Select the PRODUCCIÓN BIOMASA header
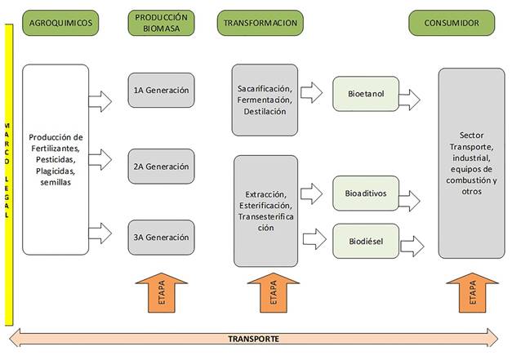pyautogui.click(x=161, y=23)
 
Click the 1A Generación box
pyautogui.click(x=161, y=91)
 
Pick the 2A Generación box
pyautogui.click(x=161, y=167)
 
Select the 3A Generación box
pyautogui.click(x=161, y=238)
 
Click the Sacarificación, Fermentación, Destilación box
pyautogui.click(x=266, y=100)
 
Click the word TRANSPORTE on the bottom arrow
pyautogui.click(x=254, y=339)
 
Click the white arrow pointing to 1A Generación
pyautogui.click(x=101, y=100)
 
